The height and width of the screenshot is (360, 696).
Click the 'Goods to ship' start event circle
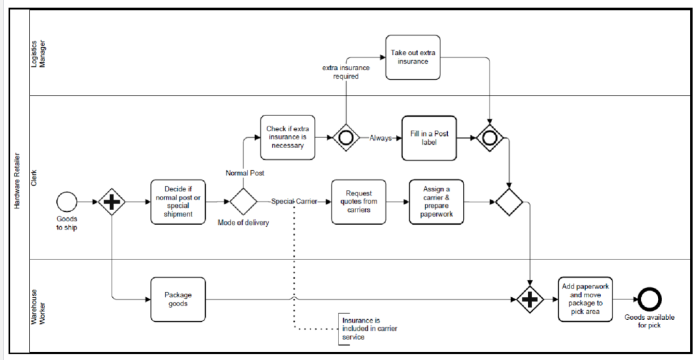67,202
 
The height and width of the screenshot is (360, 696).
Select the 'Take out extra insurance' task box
413,58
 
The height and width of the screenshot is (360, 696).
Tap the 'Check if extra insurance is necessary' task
288,137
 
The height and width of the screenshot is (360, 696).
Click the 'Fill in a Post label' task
430,138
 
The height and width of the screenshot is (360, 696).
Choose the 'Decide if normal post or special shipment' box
178,202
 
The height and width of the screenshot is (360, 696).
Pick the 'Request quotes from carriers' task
359,202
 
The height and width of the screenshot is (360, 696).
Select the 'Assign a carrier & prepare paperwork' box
436,202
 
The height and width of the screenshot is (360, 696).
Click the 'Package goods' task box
178,300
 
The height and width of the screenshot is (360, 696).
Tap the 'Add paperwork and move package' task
585,300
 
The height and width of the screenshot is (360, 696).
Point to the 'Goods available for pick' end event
649,300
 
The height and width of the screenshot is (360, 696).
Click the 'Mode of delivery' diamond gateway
243,202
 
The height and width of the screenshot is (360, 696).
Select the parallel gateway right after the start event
111,202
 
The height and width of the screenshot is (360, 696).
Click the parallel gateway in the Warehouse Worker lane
530,300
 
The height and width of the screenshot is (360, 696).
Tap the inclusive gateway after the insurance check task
346,138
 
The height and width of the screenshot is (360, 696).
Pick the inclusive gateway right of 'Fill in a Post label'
489,138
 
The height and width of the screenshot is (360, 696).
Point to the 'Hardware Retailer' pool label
17,181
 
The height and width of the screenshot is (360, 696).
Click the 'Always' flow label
381,139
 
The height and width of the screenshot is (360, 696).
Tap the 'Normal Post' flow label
245,173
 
